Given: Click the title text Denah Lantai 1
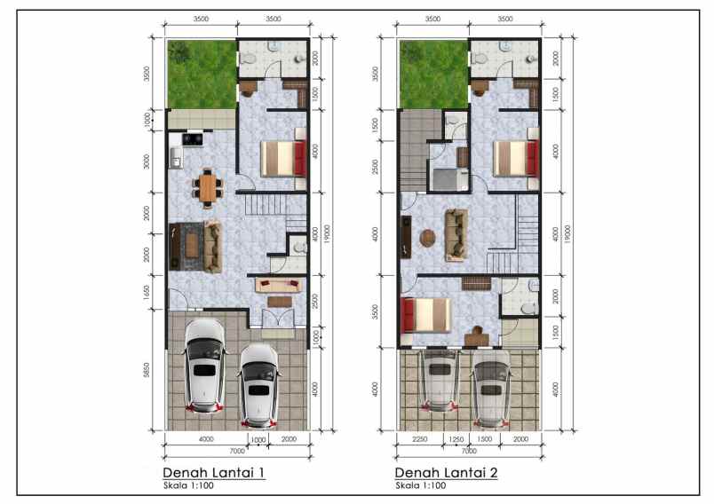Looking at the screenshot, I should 214,472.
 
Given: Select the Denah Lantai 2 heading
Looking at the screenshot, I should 447,472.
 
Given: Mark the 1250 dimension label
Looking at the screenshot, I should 456,439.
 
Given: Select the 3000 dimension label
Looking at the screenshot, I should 147,161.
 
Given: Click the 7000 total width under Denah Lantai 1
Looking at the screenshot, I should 238,450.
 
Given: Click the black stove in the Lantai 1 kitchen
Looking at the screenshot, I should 193,139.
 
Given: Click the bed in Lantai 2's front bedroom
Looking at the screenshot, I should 425,314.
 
